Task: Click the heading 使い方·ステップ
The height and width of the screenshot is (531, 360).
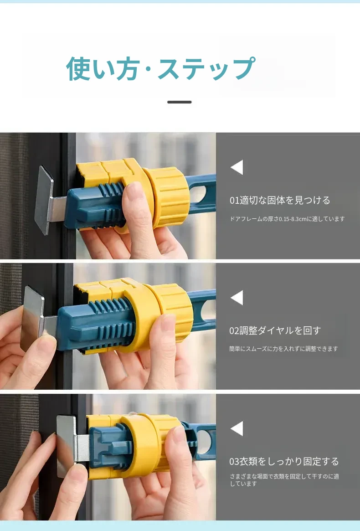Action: coord(160,69)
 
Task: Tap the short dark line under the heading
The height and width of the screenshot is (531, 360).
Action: coord(180,102)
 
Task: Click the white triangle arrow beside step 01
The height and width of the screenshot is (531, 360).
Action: coord(237,167)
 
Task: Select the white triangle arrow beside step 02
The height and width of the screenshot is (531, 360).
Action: coord(237,298)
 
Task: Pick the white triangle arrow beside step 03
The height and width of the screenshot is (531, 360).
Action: coord(237,429)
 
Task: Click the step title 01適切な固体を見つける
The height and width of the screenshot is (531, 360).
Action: coord(280,200)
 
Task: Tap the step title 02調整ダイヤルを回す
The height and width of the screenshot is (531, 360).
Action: coord(275,330)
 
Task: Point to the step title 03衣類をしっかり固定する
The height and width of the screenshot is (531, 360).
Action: coord(284,461)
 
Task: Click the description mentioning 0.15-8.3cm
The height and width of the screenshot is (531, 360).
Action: coord(287,219)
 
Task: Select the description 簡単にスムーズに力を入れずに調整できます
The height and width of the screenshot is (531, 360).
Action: coord(284,349)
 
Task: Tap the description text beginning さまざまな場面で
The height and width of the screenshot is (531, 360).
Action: coord(284,480)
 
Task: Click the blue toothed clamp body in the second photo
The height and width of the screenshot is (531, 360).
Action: coord(95,324)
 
